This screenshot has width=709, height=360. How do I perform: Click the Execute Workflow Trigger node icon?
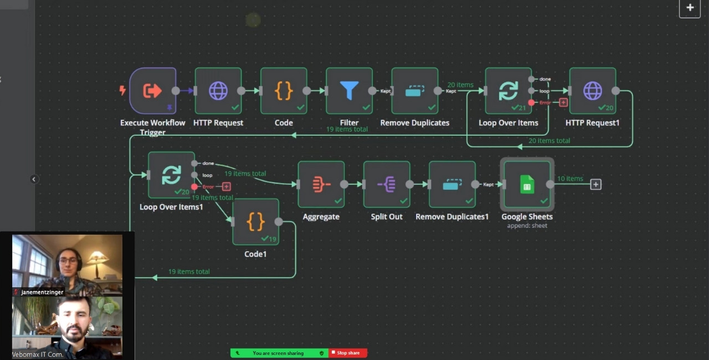(152, 91)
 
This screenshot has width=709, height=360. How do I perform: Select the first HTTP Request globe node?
(218, 91)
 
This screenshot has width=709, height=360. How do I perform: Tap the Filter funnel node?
(349, 91)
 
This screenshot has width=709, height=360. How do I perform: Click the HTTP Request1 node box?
(592, 91)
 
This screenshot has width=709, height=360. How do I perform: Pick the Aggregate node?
(321, 184)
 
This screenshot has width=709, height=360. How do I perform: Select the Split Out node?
(387, 184)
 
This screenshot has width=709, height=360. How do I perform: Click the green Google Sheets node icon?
(527, 184)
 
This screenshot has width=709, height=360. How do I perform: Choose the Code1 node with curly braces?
(255, 222)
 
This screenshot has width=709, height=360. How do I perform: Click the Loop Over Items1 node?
(171, 175)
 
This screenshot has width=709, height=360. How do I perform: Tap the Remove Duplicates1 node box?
(452, 184)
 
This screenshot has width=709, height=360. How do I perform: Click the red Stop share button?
(348, 353)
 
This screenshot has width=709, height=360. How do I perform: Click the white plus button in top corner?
(690, 8)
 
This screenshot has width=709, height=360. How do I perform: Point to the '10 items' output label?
(570, 178)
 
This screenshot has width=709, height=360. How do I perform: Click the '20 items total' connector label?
(549, 141)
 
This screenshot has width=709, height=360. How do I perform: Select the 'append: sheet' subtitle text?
(527, 225)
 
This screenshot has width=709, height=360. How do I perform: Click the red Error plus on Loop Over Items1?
(226, 187)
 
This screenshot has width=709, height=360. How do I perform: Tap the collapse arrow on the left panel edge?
(34, 179)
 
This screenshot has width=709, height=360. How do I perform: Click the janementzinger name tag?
(42, 292)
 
